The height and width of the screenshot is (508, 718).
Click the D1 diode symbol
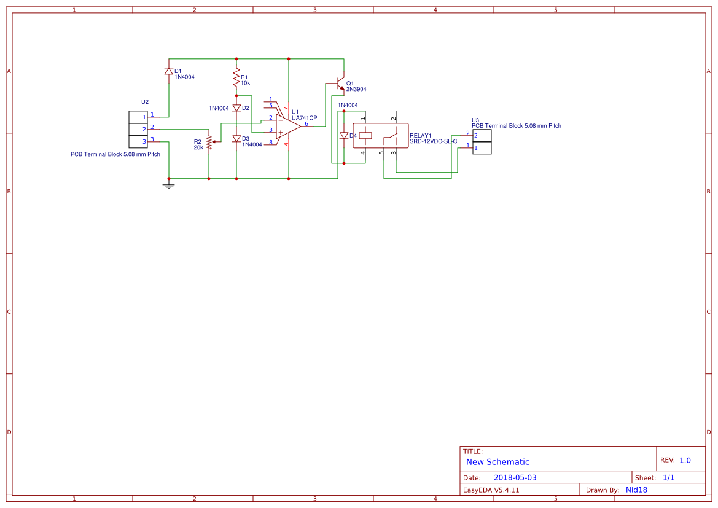click(x=168, y=71)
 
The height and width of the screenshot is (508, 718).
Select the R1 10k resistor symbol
click(x=236, y=78)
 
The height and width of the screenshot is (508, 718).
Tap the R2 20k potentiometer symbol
click(x=209, y=142)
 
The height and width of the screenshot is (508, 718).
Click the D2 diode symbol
click(x=236, y=108)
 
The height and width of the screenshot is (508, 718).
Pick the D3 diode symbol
click(x=236, y=139)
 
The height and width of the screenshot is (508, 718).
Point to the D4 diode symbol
click(x=344, y=136)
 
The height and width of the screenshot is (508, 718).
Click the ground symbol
click(x=169, y=185)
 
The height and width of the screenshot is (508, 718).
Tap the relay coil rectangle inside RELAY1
click(x=365, y=135)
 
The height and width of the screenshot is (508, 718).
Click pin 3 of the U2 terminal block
click(x=138, y=142)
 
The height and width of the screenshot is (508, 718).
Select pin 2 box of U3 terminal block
click(x=482, y=135)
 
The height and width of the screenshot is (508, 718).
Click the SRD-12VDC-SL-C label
click(x=433, y=141)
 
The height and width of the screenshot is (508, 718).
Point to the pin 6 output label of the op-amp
click(x=306, y=123)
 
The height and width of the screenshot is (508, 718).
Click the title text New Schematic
click(x=498, y=462)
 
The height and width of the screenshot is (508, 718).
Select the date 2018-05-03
click(x=515, y=477)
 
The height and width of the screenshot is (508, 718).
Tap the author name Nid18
click(x=636, y=490)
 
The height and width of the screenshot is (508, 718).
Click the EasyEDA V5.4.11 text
click(x=491, y=490)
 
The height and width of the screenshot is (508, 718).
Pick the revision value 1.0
click(x=685, y=460)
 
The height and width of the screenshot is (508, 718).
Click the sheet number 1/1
click(x=668, y=477)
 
